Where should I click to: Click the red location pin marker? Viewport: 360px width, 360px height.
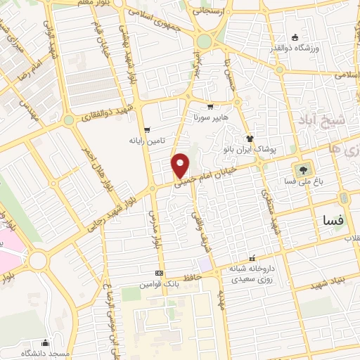click(x=181, y=165)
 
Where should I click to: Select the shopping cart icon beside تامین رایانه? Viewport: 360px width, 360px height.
click(x=146, y=129)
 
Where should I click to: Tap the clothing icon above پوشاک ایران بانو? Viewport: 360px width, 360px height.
click(x=248, y=139)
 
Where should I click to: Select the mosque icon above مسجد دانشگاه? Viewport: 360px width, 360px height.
click(x=46, y=342)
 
